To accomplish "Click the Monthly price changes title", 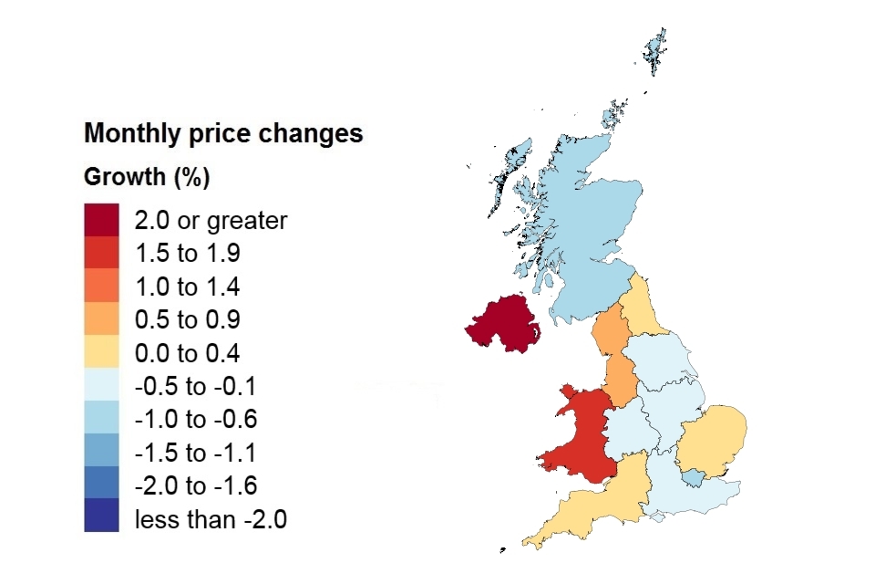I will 223,134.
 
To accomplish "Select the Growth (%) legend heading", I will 147,177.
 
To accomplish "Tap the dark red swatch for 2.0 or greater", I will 101,220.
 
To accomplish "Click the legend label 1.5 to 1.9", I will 187,254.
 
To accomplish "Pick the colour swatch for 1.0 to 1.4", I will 101,287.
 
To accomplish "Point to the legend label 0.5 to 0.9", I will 187,320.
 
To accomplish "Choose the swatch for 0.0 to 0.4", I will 101,353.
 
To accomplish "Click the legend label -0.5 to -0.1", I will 196,387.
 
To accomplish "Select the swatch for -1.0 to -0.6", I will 101,420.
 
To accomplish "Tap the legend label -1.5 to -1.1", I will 196,454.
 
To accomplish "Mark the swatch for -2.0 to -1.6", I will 101,486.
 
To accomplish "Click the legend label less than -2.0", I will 211,520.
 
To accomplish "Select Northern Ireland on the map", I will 504,326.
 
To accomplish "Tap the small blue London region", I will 695,476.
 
